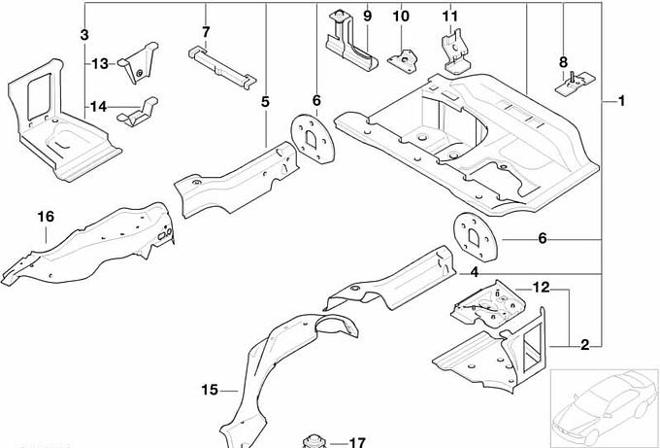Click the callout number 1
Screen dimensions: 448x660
[x=620, y=101]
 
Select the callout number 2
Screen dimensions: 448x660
[x=584, y=345]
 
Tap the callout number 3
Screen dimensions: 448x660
[x=84, y=35]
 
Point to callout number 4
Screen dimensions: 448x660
[x=475, y=274]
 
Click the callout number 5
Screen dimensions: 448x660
[x=265, y=100]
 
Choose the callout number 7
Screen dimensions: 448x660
[x=206, y=33]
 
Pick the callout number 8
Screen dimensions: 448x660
[x=563, y=63]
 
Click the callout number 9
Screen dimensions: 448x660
[x=367, y=17]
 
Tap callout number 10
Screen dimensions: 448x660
[x=401, y=17]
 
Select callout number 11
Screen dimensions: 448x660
[x=448, y=17]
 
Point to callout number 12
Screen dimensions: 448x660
[x=541, y=287]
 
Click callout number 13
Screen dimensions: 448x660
[x=101, y=64]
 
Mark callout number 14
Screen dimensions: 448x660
[x=100, y=106]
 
